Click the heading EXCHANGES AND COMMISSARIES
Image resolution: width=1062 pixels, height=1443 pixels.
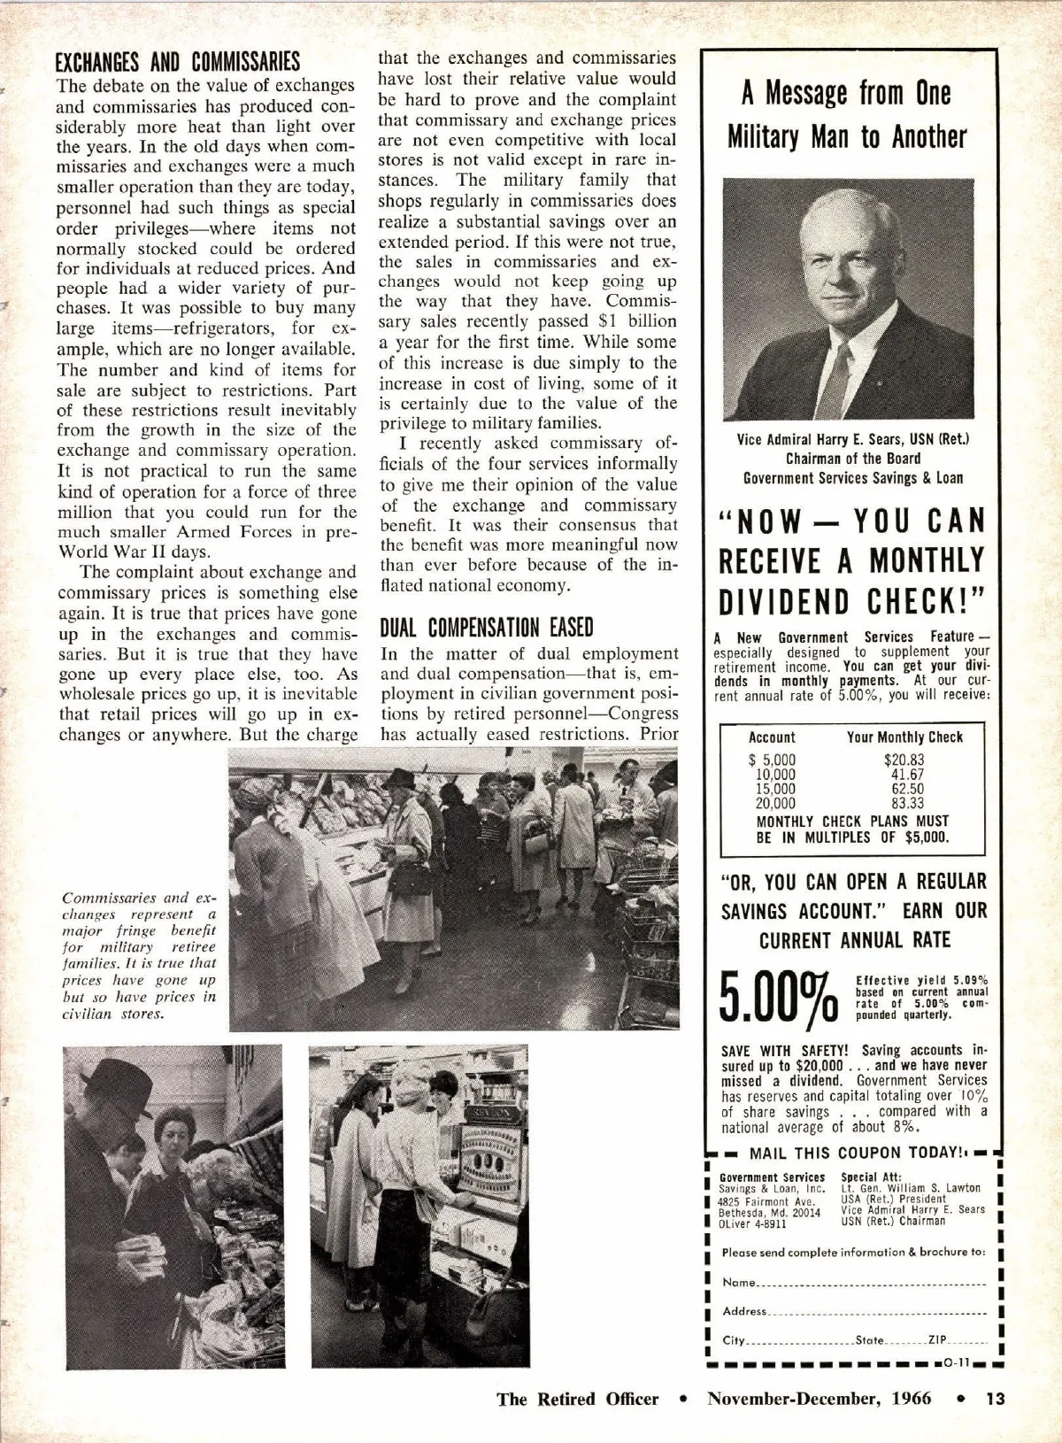click(177, 62)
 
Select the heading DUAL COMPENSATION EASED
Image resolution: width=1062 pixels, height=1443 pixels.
click(486, 628)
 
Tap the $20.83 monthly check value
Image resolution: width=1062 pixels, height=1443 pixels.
click(904, 760)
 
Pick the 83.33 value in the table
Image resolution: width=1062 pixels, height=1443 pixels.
click(907, 803)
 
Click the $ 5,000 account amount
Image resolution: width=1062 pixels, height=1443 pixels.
click(773, 760)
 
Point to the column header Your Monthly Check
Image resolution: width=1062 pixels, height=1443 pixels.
click(904, 737)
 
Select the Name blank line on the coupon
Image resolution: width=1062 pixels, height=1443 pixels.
click(872, 1284)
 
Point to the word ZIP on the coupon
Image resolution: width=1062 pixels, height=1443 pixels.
click(938, 1339)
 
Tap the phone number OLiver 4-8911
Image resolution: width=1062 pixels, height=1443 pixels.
click(752, 1224)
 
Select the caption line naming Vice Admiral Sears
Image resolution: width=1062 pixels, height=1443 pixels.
click(853, 439)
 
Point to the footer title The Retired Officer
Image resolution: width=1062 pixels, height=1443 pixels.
click(577, 1399)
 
